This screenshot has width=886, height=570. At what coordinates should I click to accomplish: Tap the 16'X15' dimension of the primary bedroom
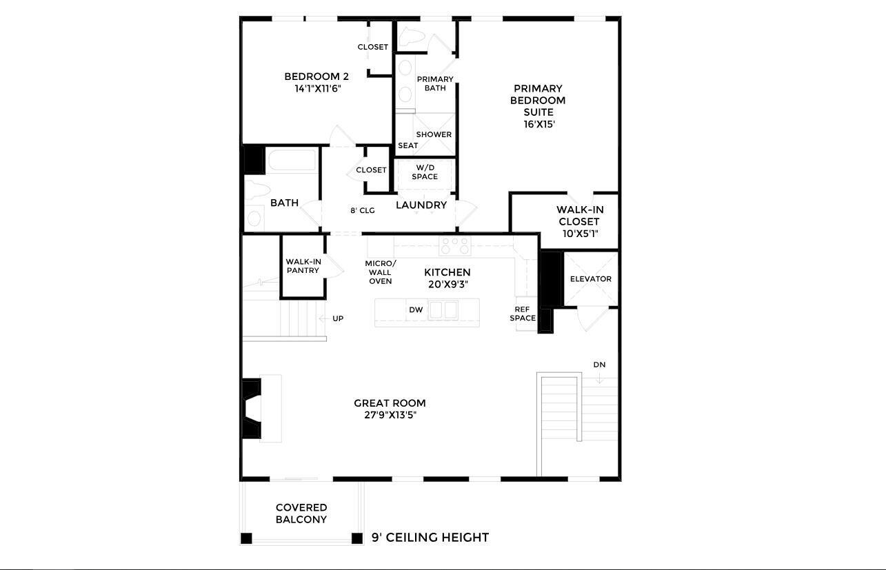click(x=538, y=125)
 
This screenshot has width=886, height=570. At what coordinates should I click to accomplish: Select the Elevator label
click(x=590, y=279)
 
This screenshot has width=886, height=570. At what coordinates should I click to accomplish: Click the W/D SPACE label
click(x=425, y=172)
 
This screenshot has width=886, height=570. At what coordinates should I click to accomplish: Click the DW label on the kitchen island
click(x=416, y=310)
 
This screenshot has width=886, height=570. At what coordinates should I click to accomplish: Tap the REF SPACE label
click(x=523, y=314)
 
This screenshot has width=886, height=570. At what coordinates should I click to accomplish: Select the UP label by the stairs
click(x=338, y=318)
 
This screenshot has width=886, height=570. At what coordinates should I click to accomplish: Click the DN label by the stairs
click(x=599, y=365)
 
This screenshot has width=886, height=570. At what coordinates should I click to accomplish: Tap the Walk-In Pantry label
click(x=303, y=266)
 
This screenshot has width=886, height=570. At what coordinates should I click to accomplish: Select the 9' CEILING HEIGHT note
click(x=430, y=538)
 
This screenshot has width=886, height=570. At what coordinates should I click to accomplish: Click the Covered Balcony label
click(x=301, y=513)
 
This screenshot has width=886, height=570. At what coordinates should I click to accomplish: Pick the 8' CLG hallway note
click(x=362, y=211)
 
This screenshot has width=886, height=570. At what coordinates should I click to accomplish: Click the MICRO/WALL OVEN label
click(x=381, y=272)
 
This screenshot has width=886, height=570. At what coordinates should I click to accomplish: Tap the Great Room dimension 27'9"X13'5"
click(x=390, y=416)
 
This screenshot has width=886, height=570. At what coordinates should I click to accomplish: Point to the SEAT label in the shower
click(x=407, y=146)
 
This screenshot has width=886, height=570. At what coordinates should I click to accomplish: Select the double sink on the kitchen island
click(x=443, y=310)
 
